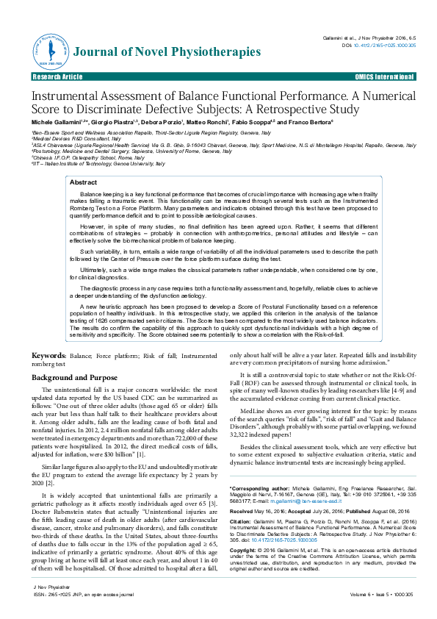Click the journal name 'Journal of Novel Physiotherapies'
(x=156, y=51)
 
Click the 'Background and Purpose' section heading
(x=71, y=377)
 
